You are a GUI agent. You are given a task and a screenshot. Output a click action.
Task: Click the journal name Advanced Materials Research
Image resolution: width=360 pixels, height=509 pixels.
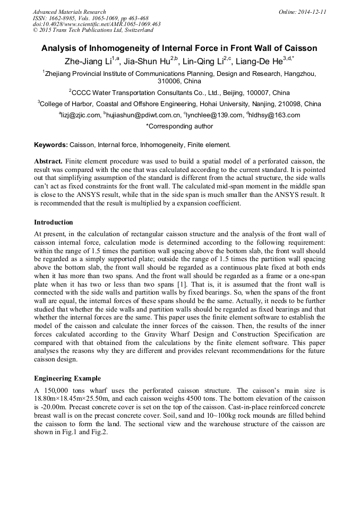69,12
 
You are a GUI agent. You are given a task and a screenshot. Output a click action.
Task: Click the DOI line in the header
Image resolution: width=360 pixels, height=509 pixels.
97,24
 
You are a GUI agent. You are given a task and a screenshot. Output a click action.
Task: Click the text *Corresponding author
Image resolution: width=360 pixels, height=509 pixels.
179,126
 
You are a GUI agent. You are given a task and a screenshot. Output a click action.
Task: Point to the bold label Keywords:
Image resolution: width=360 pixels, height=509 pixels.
51,145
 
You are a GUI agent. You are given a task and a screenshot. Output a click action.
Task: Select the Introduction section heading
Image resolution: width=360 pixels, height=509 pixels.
54,222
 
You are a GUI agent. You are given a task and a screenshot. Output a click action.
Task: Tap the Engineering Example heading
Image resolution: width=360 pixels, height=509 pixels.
67,378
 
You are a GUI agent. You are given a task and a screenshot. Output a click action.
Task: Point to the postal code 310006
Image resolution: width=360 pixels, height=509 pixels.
169,81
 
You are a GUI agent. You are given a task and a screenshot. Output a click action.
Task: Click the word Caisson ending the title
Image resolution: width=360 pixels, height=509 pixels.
300,48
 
